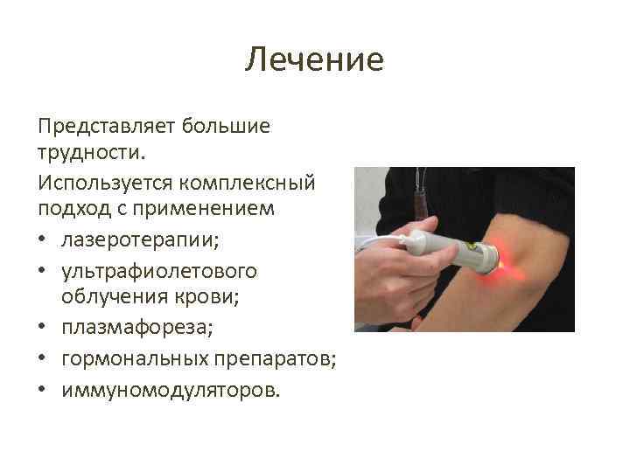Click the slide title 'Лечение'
click(x=314, y=60)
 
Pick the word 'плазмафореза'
click(x=129, y=328)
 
